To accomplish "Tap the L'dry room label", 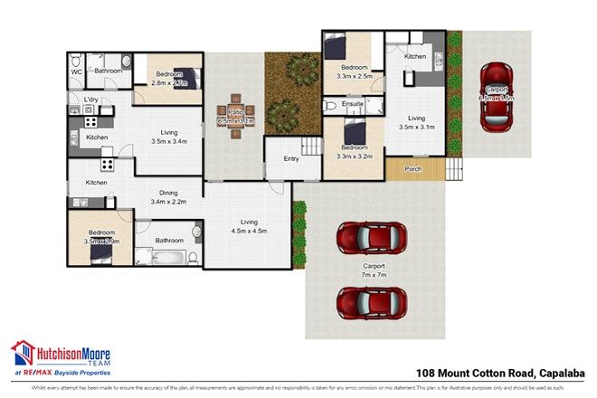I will pyautogui.click(x=90, y=99).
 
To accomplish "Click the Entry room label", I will pyautogui.click(x=290, y=158).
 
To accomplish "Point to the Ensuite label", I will pyautogui.click(x=354, y=106).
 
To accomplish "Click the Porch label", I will pyautogui.click(x=412, y=168).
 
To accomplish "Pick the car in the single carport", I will pyautogui.click(x=496, y=95).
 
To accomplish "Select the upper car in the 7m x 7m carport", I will pyautogui.click(x=369, y=239).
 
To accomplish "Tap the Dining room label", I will pyautogui.click(x=167, y=192).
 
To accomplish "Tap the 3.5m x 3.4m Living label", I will pyautogui.click(x=167, y=141).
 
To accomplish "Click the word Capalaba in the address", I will pyautogui.click(x=561, y=372).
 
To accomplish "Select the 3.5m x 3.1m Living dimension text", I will pyautogui.click(x=416, y=128).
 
